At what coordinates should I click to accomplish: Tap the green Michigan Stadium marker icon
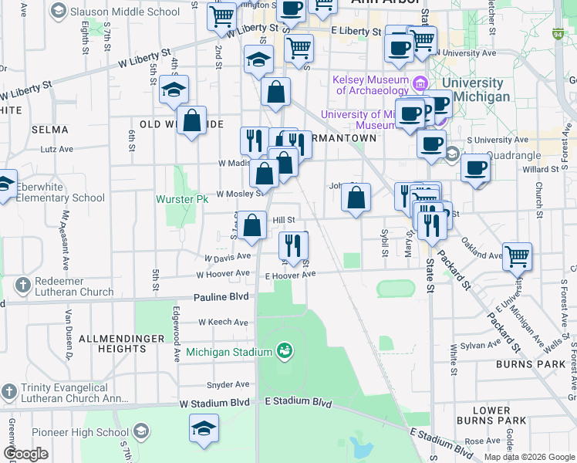[285, 352]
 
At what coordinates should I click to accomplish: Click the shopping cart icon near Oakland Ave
[517, 255]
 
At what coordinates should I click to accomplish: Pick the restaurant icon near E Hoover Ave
[293, 245]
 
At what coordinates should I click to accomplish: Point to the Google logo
[26, 454]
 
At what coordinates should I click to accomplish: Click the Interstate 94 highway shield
[558, 34]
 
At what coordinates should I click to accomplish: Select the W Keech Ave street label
[223, 322]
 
